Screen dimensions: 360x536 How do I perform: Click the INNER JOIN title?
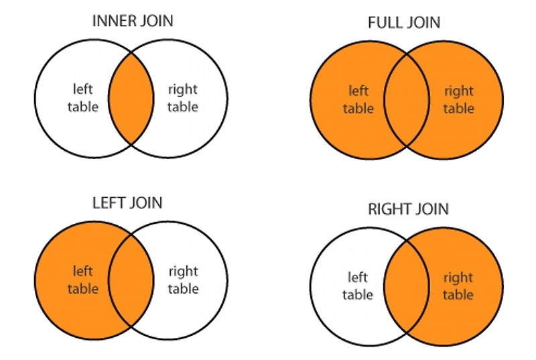tap(133, 21)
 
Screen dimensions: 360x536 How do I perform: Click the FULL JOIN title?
tap(404, 23)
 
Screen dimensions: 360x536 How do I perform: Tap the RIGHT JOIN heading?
tap(408, 209)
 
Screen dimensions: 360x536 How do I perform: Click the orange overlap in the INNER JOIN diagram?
tap(131, 99)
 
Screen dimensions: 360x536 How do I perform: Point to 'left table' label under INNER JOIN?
tap(84, 97)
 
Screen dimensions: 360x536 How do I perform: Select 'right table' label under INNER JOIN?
tap(183, 97)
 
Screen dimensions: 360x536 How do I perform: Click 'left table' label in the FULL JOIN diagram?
tap(359, 99)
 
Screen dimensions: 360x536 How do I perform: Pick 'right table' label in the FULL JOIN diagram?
tap(458, 99)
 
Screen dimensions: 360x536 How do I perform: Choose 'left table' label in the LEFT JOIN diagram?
tap(84, 280)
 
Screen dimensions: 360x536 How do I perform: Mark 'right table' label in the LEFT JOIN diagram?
tap(183, 280)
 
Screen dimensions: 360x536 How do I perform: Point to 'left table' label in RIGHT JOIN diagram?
tap(357, 286)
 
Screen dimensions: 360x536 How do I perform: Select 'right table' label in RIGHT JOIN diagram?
tap(458, 286)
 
